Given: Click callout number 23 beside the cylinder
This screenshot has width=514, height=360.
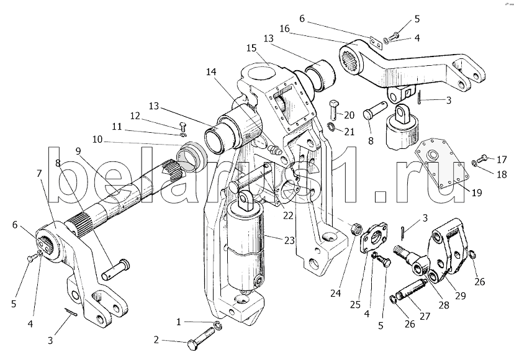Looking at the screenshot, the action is coord(289,241).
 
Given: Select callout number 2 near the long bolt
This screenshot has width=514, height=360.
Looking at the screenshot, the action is coord(156,340).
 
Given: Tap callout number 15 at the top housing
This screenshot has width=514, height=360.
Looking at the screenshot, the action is coord(251,48).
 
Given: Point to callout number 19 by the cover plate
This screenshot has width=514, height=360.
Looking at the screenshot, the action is coord(477,192).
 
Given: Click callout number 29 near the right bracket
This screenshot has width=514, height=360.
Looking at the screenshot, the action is coord(460,295).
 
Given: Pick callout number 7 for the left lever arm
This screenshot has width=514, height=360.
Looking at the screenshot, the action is coord(39,173).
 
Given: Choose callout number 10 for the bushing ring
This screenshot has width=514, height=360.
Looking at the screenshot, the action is coord(97,140).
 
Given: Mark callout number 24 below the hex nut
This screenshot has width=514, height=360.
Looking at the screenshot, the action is coord(335,293).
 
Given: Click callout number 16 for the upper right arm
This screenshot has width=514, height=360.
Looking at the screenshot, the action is coord(284,29).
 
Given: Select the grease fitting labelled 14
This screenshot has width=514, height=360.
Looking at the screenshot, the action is coord(273,150).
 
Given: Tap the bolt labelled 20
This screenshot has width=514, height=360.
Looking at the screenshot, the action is coord(333,109).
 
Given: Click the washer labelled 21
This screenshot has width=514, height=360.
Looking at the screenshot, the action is coord(332,126).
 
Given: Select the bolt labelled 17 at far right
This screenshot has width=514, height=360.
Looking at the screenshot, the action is coord(483,159).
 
